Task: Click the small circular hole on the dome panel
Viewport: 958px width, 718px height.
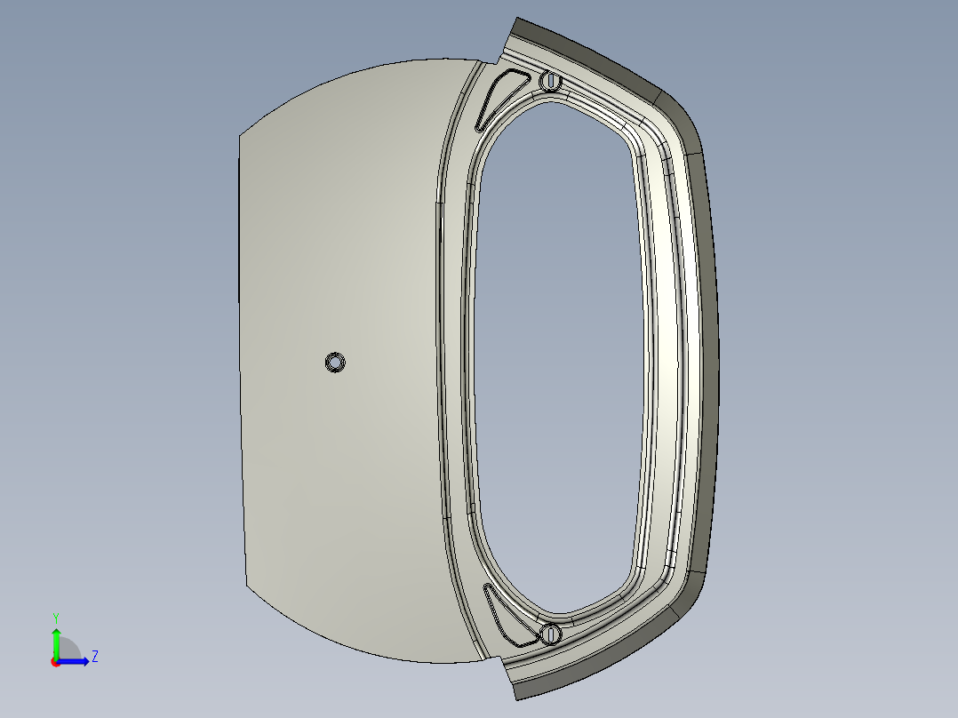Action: point(335,363)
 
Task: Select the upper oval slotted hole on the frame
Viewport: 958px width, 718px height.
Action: point(550,81)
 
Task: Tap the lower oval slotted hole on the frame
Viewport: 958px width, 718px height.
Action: point(550,634)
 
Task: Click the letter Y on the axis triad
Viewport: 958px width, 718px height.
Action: point(56,618)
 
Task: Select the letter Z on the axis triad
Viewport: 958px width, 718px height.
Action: point(95,657)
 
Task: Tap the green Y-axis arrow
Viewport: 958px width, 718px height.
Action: point(56,642)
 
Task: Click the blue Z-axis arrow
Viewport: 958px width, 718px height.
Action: point(73,661)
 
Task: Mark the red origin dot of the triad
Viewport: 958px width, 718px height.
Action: point(56,662)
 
